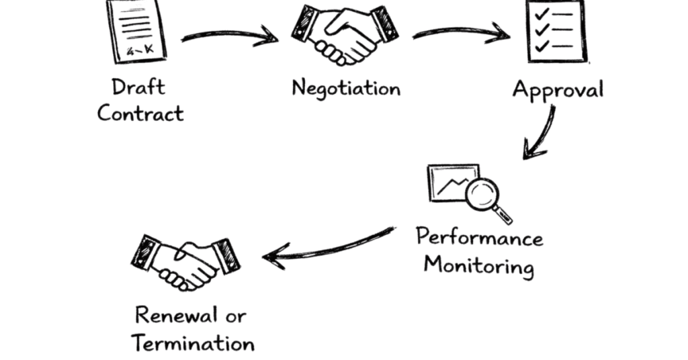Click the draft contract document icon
point(136,31)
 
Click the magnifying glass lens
point(481,194)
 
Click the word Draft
point(138,87)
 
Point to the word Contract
point(140,112)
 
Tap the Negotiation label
point(346,88)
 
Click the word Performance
point(479,238)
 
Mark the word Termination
point(193,343)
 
